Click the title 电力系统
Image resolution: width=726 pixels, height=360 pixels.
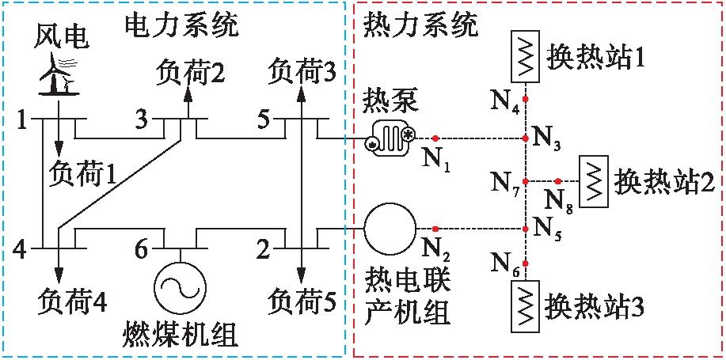(181, 25)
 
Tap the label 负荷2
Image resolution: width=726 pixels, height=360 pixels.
(190, 72)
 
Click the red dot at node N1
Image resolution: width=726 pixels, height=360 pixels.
(435, 139)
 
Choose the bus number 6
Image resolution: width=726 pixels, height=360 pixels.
(141, 250)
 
